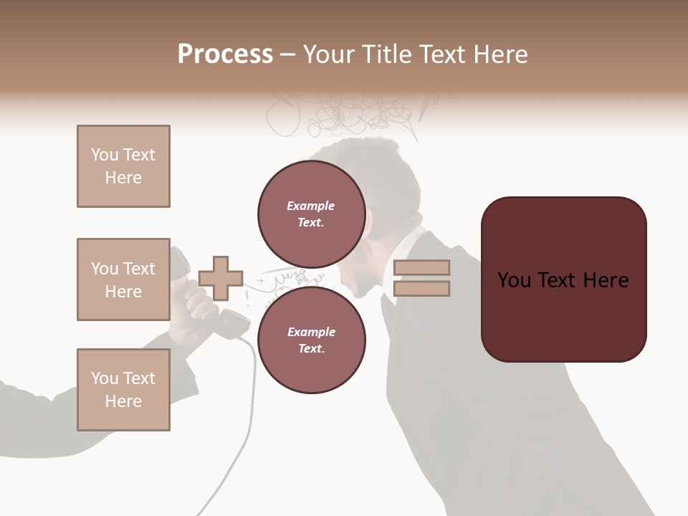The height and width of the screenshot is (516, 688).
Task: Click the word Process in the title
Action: (225, 54)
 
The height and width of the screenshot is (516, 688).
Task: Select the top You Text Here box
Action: (123, 166)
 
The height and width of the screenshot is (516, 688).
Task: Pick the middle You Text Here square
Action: (123, 279)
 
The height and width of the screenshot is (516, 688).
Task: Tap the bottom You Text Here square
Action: (123, 389)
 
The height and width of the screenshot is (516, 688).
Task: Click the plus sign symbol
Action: (221, 278)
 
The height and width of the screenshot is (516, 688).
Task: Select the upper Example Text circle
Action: (311, 214)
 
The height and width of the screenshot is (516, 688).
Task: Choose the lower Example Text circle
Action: (311, 340)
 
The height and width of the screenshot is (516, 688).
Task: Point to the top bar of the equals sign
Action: (421, 267)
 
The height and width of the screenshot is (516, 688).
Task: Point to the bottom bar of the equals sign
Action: (421, 288)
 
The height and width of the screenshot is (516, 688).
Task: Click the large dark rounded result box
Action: (563, 279)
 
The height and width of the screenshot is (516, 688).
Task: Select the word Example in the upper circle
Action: (310, 206)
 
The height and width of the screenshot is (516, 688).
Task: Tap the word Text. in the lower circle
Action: (310, 349)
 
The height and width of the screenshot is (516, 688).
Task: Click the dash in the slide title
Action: (288, 54)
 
